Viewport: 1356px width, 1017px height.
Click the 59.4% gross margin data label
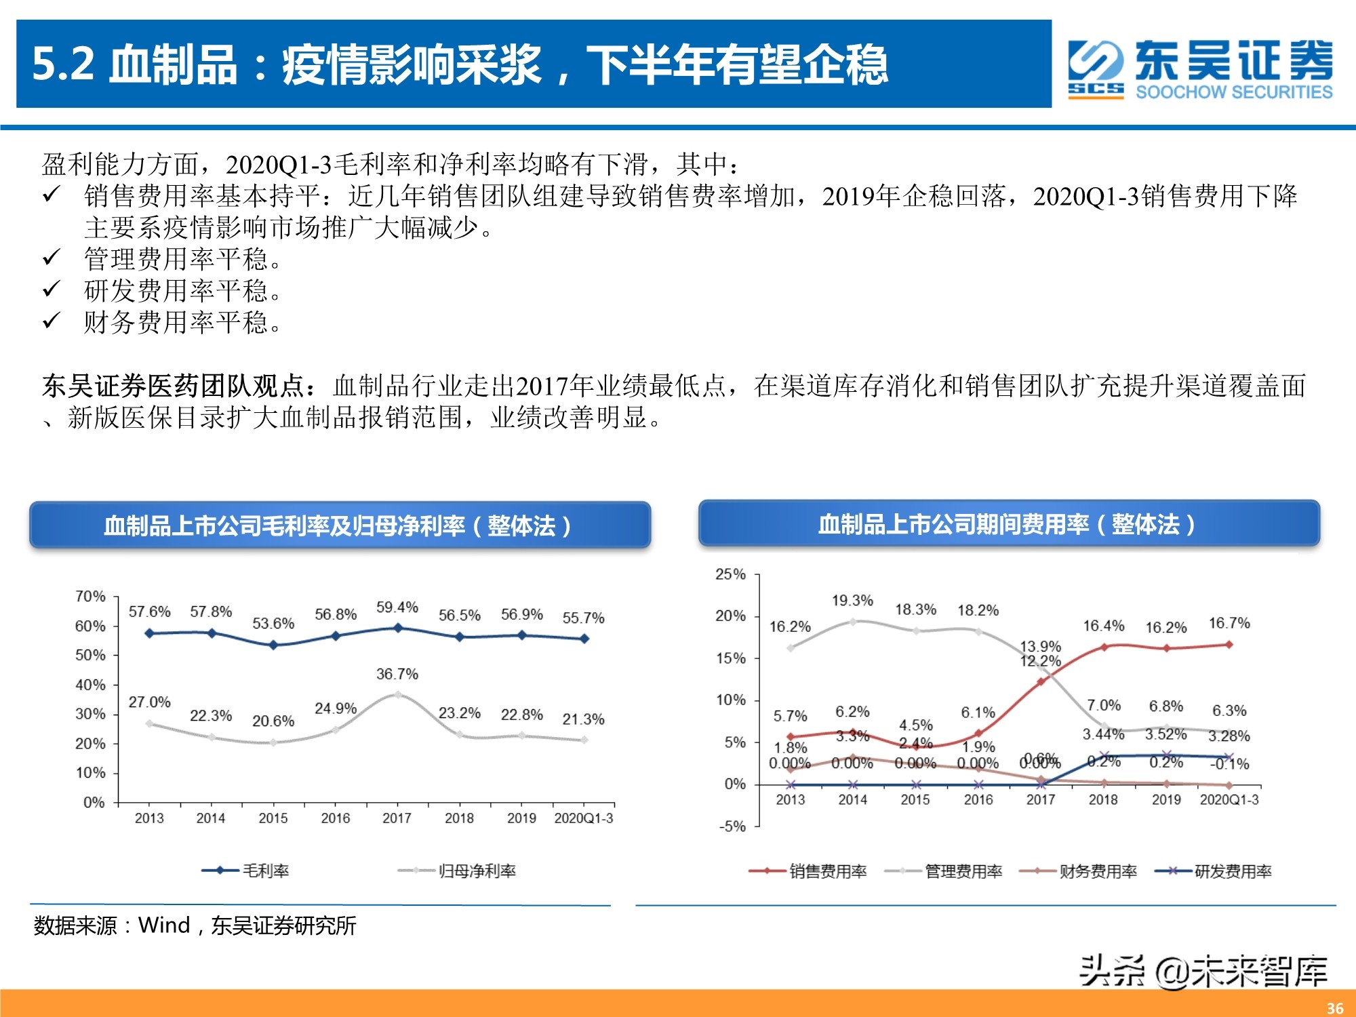397,607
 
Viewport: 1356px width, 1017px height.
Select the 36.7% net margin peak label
397,674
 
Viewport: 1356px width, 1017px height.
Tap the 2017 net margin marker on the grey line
397,695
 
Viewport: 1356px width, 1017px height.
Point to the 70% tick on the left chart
91,597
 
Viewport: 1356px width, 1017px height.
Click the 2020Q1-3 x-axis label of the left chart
583,818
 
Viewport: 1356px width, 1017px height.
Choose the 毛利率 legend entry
246,871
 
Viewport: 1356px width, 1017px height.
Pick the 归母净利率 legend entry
457,871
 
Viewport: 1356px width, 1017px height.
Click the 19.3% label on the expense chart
852,601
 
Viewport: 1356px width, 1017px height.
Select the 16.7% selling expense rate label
1229,623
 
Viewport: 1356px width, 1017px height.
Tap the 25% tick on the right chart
730,574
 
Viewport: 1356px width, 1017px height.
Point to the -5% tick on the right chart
732,826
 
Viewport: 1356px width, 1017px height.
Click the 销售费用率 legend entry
808,871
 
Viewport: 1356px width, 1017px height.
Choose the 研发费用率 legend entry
1214,871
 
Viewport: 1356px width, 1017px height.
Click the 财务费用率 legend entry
1079,871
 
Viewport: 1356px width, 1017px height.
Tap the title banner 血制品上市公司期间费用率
1008,524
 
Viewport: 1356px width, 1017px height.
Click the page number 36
1335,1008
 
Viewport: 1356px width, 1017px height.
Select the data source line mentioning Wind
195,925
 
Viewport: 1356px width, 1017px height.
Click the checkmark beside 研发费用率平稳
52,290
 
